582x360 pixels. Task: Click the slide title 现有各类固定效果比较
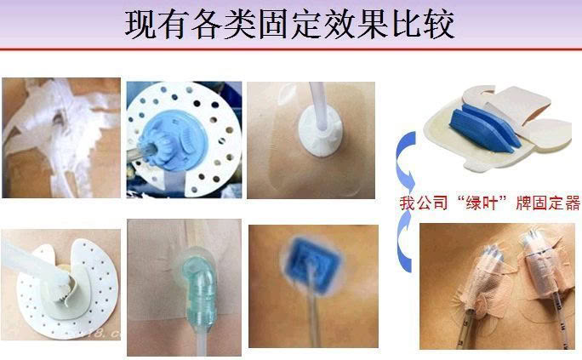(x=289, y=25)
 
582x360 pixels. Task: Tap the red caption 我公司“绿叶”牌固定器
(x=489, y=203)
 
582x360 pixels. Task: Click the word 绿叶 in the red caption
(x=482, y=203)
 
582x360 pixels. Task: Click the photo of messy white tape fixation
(x=61, y=138)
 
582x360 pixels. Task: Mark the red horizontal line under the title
(x=291, y=49)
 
